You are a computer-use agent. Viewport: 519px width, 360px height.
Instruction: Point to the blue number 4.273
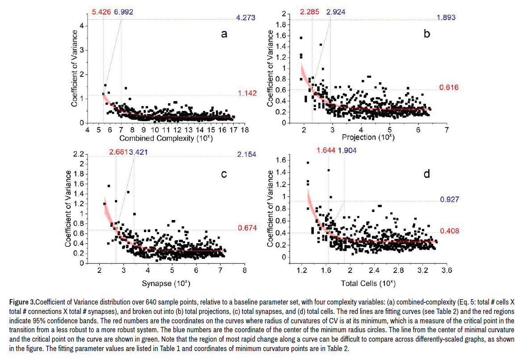(x=246, y=18)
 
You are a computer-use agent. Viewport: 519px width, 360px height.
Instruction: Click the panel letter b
(x=427, y=33)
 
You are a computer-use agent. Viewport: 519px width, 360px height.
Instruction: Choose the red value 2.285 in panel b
(x=310, y=12)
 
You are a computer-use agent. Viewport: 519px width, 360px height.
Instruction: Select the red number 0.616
(x=449, y=88)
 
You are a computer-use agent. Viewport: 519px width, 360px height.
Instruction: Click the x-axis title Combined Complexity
(x=166, y=138)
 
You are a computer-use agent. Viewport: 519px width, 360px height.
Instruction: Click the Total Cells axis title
(x=368, y=283)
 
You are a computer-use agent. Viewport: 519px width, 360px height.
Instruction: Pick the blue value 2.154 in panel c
(x=246, y=155)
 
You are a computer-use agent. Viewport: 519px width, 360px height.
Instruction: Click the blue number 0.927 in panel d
(x=449, y=199)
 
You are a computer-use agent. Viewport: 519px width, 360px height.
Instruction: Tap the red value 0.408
(x=449, y=231)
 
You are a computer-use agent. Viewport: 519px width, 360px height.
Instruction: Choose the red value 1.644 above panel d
(x=326, y=151)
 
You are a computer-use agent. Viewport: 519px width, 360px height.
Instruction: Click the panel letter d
(x=427, y=174)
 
